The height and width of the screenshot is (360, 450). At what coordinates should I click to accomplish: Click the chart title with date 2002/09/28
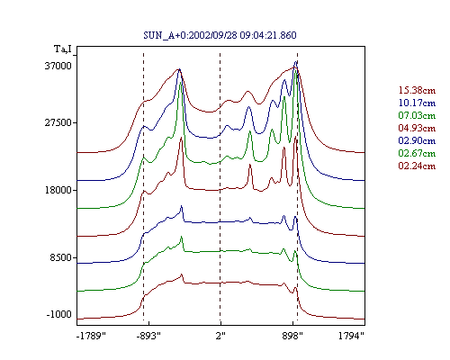(x=220, y=35)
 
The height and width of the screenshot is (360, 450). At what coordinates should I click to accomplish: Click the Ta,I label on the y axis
(x=63, y=49)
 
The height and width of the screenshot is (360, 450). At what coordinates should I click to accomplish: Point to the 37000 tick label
(x=58, y=66)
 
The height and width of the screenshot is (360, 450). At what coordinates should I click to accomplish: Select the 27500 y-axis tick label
(x=58, y=122)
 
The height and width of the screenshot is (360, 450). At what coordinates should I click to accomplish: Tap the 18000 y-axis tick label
(x=58, y=190)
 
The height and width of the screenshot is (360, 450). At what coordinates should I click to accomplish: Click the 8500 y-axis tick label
(x=61, y=257)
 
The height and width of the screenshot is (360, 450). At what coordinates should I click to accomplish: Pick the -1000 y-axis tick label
(x=59, y=314)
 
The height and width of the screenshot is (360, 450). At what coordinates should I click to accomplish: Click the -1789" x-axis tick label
(x=92, y=336)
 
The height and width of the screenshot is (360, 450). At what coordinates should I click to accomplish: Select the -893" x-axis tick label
(x=148, y=336)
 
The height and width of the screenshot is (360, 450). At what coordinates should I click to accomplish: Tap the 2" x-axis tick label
(x=220, y=336)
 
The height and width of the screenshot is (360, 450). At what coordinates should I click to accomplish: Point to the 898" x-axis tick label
(x=292, y=336)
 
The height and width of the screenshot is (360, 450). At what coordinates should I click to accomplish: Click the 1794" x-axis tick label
(x=351, y=336)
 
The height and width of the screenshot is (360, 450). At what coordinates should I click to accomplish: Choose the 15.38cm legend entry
(x=417, y=90)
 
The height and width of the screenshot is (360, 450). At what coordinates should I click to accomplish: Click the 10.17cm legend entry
(x=417, y=103)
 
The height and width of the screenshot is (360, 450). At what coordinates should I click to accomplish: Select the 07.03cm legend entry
(x=417, y=115)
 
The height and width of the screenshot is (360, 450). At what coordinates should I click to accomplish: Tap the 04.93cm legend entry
(x=417, y=128)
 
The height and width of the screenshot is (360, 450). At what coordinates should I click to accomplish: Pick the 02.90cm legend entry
(x=417, y=140)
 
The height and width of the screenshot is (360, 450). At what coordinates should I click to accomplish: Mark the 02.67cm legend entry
(x=417, y=153)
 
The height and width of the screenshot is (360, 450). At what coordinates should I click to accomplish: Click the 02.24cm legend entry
(x=417, y=166)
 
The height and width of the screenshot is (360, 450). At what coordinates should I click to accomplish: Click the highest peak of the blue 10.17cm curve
(x=296, y=61)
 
